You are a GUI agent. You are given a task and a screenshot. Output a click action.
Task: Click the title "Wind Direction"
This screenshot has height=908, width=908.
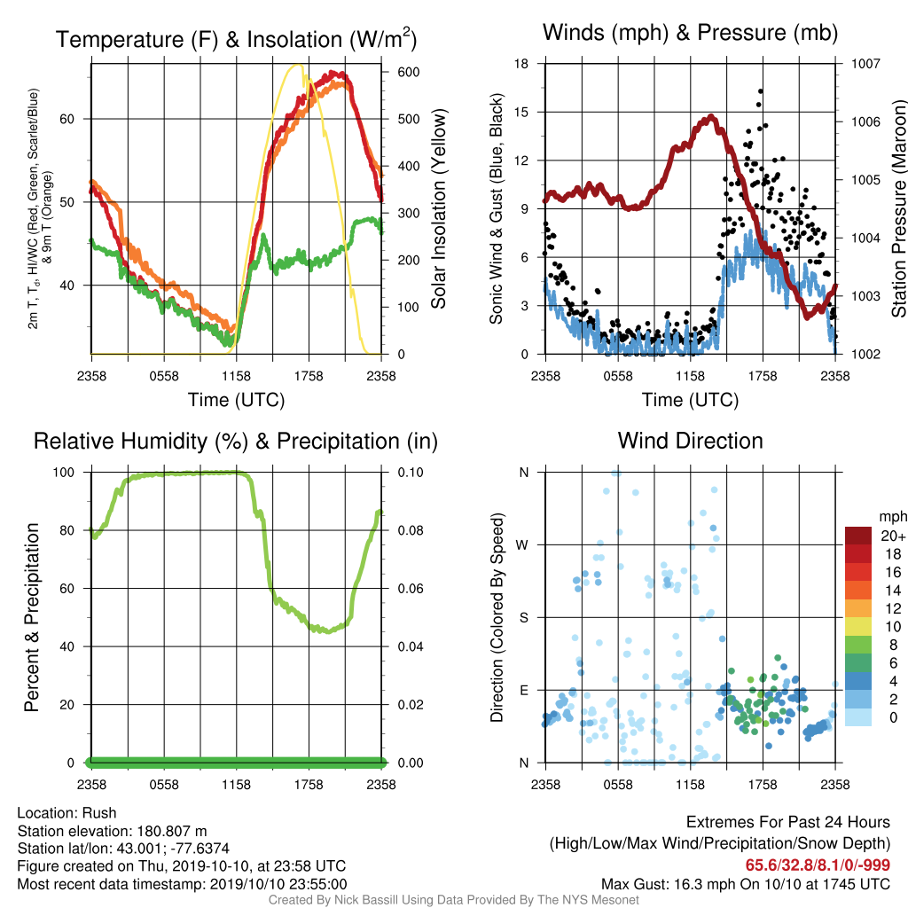pos(690,441)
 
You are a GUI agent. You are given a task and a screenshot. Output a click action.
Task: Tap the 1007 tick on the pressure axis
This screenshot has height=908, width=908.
pos(865,64)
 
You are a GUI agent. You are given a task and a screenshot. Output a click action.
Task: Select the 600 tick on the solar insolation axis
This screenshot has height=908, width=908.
pos(408,73)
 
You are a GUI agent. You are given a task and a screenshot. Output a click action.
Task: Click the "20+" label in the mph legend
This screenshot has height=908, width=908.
pos(893,536)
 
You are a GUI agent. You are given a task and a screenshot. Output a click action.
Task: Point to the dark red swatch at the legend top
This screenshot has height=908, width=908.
pos(858,536)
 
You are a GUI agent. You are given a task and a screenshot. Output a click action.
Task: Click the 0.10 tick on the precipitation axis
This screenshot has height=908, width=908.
pos(411,473)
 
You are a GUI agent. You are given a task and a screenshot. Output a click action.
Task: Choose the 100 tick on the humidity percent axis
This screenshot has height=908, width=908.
pos(64,473)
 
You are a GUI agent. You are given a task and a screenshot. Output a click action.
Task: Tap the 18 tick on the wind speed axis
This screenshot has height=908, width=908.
pos(521,64)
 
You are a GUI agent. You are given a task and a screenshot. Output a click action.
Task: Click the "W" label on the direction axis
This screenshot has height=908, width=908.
pos(522,545)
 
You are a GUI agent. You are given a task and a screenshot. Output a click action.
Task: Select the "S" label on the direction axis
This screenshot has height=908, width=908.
pos(523,618)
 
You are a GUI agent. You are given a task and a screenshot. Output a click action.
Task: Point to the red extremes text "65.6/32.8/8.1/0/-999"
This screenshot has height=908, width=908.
pos(818,865)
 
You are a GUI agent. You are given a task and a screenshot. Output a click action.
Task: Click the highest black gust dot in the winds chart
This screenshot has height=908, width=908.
pos(760,91)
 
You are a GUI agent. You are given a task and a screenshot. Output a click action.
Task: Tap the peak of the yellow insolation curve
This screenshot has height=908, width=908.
pos(298,65)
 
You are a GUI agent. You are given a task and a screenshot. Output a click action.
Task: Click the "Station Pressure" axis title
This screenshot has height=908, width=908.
pos(898,208)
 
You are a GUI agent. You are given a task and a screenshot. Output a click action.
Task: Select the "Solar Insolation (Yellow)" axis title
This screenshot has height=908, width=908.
pos(438,208)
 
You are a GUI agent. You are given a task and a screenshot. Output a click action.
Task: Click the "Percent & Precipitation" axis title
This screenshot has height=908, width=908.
pos(31,617)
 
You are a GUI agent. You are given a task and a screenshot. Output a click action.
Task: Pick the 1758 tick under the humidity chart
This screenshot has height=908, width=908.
pos(309,785)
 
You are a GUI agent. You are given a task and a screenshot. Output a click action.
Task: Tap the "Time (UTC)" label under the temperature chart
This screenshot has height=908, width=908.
pos(236,400)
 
